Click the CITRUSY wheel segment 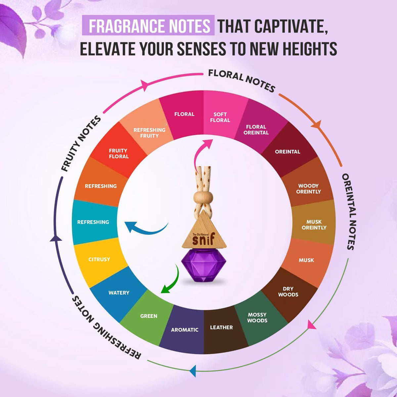99,259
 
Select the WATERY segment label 119,292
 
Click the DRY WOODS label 288,291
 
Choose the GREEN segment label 149,316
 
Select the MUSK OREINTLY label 314,225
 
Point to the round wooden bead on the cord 203,198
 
